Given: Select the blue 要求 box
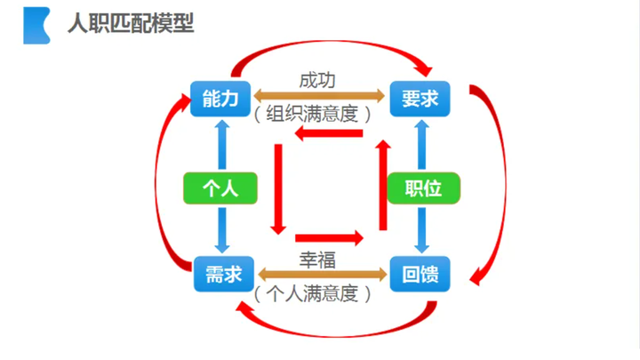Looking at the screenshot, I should (420, 98).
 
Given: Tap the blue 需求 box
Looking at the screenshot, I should (217, 273).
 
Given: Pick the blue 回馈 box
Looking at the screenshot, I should (420, 273).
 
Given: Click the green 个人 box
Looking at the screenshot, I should (218, 188).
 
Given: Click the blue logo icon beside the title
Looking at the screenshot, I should (36, 25).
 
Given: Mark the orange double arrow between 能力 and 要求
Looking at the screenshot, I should (317, 95).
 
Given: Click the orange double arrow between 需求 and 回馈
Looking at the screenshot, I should (317, 272).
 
